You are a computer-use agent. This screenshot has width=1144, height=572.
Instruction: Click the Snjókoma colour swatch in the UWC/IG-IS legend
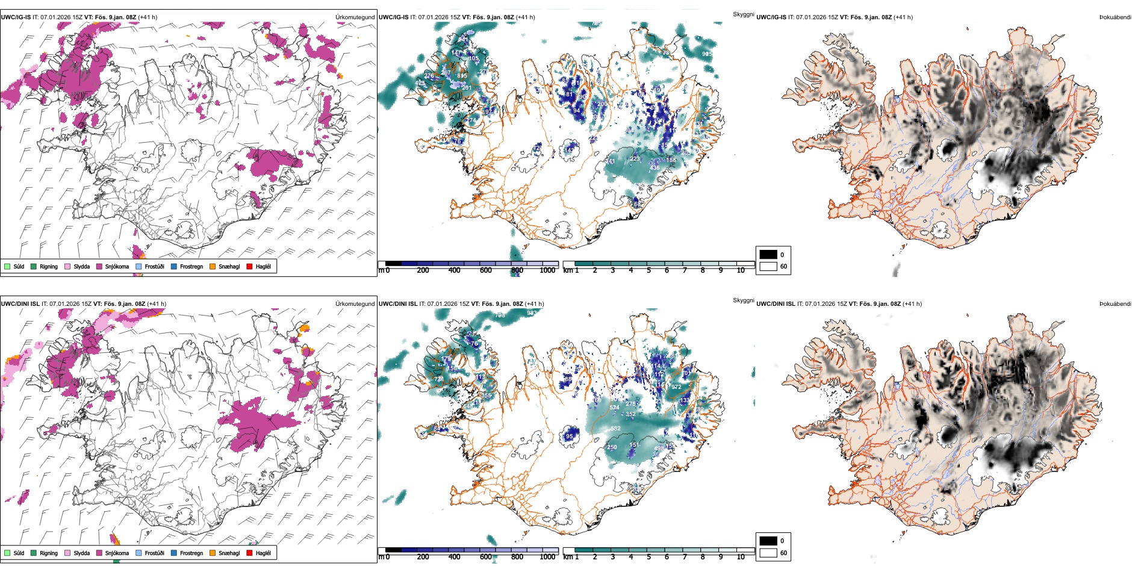tap(99, 266)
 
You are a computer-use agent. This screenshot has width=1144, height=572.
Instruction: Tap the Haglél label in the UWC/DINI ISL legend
tap(263, 553)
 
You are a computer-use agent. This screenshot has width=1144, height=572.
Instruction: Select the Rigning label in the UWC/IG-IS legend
tap(49, 266)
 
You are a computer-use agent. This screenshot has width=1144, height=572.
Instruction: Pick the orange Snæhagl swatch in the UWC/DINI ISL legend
tap(213, 553)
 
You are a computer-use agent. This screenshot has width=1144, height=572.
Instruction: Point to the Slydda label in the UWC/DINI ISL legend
tap(81, 553)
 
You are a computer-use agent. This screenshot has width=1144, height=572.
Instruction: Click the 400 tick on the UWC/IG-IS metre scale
tap(454, 270)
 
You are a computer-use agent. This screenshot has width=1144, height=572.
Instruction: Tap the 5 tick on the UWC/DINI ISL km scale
tap(648, 557)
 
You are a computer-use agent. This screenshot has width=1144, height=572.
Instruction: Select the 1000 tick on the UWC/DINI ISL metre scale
tap(547, 557)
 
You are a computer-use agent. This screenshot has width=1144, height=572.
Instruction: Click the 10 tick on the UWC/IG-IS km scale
tap(741, 270)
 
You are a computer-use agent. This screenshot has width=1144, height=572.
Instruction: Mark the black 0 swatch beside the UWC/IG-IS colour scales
tap(768, 255)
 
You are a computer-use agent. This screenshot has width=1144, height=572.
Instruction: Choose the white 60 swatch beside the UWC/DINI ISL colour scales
tap(768, 553)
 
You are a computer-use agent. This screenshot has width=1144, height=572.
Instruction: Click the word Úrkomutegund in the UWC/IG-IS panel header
tap(355, 17)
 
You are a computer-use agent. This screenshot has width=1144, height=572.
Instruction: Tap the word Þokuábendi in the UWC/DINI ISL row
tap(1115, 304)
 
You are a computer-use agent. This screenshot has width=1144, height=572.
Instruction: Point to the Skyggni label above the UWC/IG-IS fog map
tap(743, 14)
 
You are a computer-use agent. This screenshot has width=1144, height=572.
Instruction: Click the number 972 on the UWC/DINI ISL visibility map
tap(676, 387)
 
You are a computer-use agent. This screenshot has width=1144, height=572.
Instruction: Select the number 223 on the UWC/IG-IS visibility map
tap(635, 159)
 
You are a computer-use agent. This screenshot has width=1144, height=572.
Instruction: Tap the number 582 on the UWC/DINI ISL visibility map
tap(615, 429)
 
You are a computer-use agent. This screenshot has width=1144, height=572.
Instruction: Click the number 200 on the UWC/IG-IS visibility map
tap(602, 104)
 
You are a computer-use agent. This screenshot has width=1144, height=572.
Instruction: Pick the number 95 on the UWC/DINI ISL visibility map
tap(570, 437)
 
